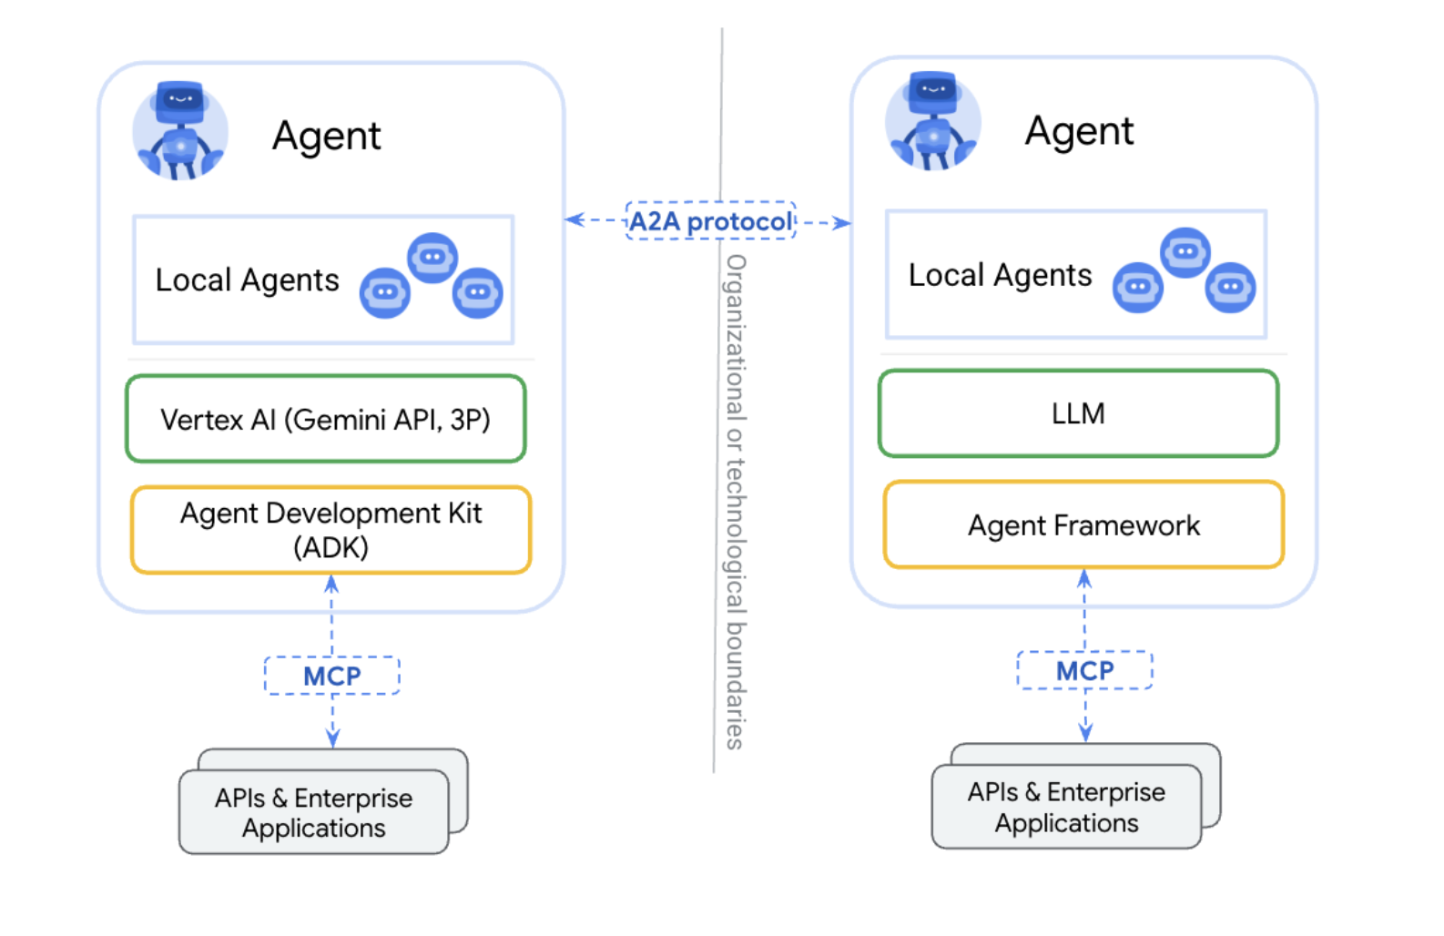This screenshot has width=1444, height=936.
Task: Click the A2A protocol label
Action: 711,221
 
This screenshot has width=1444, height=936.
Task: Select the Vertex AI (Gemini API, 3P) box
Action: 326,419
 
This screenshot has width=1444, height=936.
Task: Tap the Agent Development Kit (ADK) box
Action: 330,530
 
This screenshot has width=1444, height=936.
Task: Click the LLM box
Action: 1078,413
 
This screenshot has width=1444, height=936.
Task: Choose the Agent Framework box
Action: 1083,525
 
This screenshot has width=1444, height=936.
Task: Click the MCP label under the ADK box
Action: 332,677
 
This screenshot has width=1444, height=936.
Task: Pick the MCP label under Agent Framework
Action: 1084,671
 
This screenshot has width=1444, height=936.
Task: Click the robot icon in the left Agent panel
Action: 180,130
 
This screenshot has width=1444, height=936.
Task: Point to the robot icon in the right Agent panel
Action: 932,122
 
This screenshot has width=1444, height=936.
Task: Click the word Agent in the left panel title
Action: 326,137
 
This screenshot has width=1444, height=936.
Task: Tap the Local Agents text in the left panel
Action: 247,280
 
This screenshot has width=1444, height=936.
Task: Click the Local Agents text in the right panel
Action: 1000,275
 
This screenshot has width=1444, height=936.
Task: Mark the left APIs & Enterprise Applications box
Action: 314,812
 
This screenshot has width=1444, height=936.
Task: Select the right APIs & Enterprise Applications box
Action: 1066,807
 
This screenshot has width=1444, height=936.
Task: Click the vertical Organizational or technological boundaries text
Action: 735,501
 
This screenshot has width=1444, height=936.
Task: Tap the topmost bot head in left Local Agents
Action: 432,258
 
